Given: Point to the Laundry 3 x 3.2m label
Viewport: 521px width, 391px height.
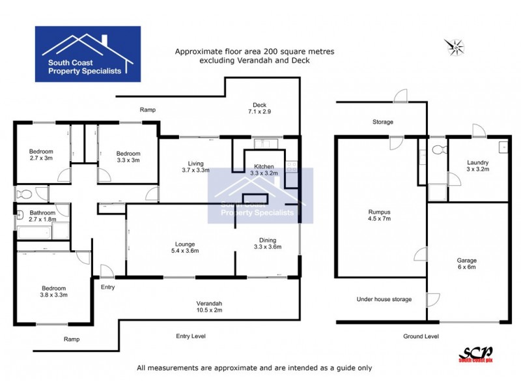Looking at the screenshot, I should (478, 166).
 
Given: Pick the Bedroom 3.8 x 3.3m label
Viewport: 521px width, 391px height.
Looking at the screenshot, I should (49, 291).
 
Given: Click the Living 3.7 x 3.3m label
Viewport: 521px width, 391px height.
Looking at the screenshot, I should (195, 166).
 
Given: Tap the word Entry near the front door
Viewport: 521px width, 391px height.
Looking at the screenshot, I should (108, 286).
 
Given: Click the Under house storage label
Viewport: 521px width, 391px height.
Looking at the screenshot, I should (384, 299).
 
